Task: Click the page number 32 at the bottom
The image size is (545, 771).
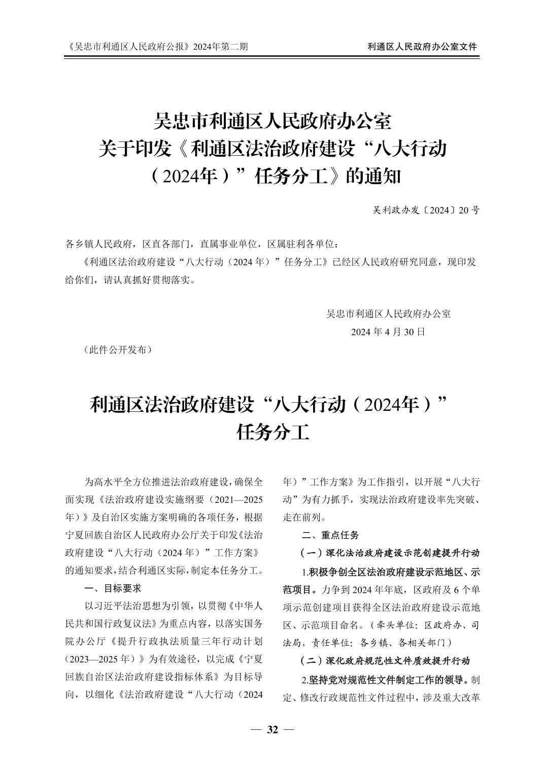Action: pos(272,729)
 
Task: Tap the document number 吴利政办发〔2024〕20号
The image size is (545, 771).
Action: pos(426,210)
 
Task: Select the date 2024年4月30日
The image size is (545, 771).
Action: pos(388,332)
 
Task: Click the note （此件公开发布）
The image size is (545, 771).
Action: pos(117,350)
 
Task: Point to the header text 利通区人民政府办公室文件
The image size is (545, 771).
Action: pos(422,47)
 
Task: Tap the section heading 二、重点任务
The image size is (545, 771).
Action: pos(330,535)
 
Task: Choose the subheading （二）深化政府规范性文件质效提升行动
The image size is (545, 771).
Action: pos(385,661)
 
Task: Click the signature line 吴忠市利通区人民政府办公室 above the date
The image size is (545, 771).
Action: pos(388,313)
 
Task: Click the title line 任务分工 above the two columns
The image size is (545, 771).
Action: pos(272,432)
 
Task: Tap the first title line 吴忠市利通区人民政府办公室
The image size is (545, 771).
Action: pos(272,122)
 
